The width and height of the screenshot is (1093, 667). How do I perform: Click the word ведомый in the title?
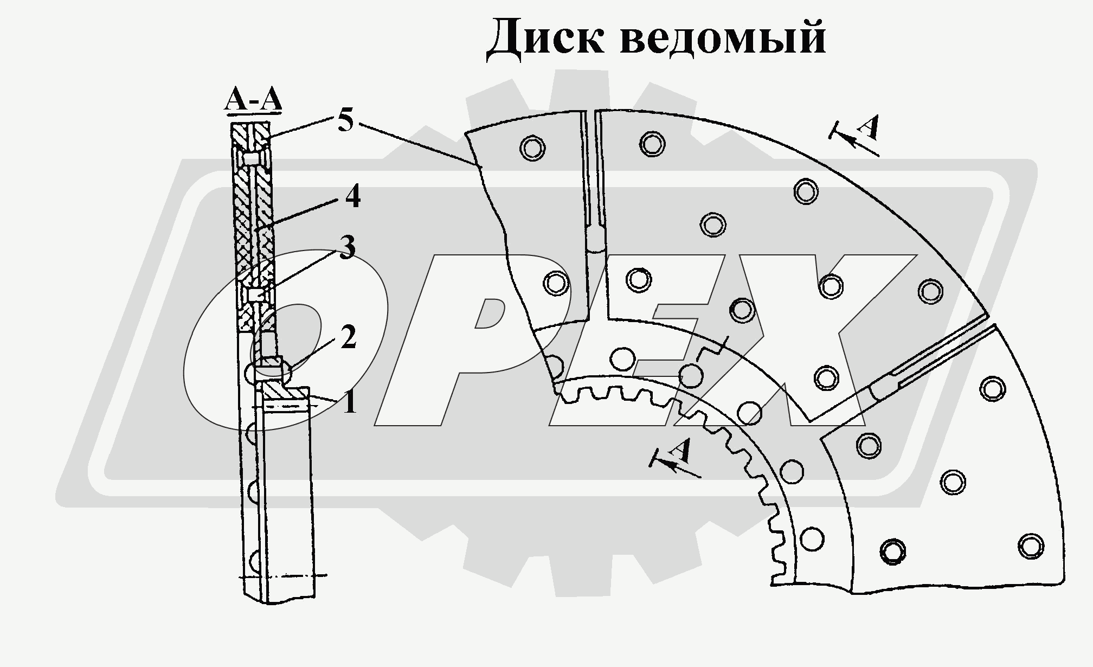pyautogui.click(x=723, y=37)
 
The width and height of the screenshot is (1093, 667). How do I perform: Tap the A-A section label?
pyautogui.click(x=253, y=101)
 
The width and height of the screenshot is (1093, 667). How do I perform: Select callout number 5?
pyautogui.click(x=345, y=120)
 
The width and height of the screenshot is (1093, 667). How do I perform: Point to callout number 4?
pyautogui.click(x=352, y=197)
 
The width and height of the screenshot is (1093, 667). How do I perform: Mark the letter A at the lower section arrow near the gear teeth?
pyautogui.click(x=681, y=450)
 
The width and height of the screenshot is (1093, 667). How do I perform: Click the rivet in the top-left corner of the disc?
pyautogui.click(x=532, y=147)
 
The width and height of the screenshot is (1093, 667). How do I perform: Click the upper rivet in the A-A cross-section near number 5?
pyautogui.click(x=250, y=159)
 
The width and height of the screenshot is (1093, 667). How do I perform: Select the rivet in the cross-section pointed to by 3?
pyautogui.click(x=257, y=294)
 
